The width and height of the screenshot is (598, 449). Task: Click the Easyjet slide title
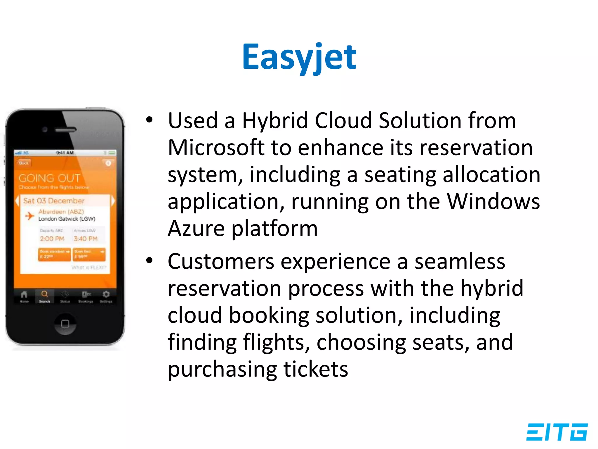(299, 57)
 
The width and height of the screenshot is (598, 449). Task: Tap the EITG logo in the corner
(557, 432)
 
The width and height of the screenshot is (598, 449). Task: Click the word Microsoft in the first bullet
(216, 148)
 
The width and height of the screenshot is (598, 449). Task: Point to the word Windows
(493, 201)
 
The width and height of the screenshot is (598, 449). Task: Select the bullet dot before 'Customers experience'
(149, 260)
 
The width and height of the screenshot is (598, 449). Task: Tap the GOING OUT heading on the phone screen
(49, 178)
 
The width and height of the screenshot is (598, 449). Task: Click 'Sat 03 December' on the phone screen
(54, 201)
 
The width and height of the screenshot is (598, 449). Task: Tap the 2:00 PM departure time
(52, 239)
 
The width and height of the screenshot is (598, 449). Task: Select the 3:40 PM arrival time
(86, 239)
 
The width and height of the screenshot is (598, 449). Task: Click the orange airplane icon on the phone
(29, 216)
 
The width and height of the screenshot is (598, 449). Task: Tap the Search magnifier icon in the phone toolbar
(44, 294)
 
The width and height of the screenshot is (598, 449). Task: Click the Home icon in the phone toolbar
(24, 294)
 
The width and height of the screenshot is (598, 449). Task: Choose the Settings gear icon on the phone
(106, 294)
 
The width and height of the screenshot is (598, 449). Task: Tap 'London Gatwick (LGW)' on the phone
(67, 219)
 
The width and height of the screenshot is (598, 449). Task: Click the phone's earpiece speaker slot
(66, 129)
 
